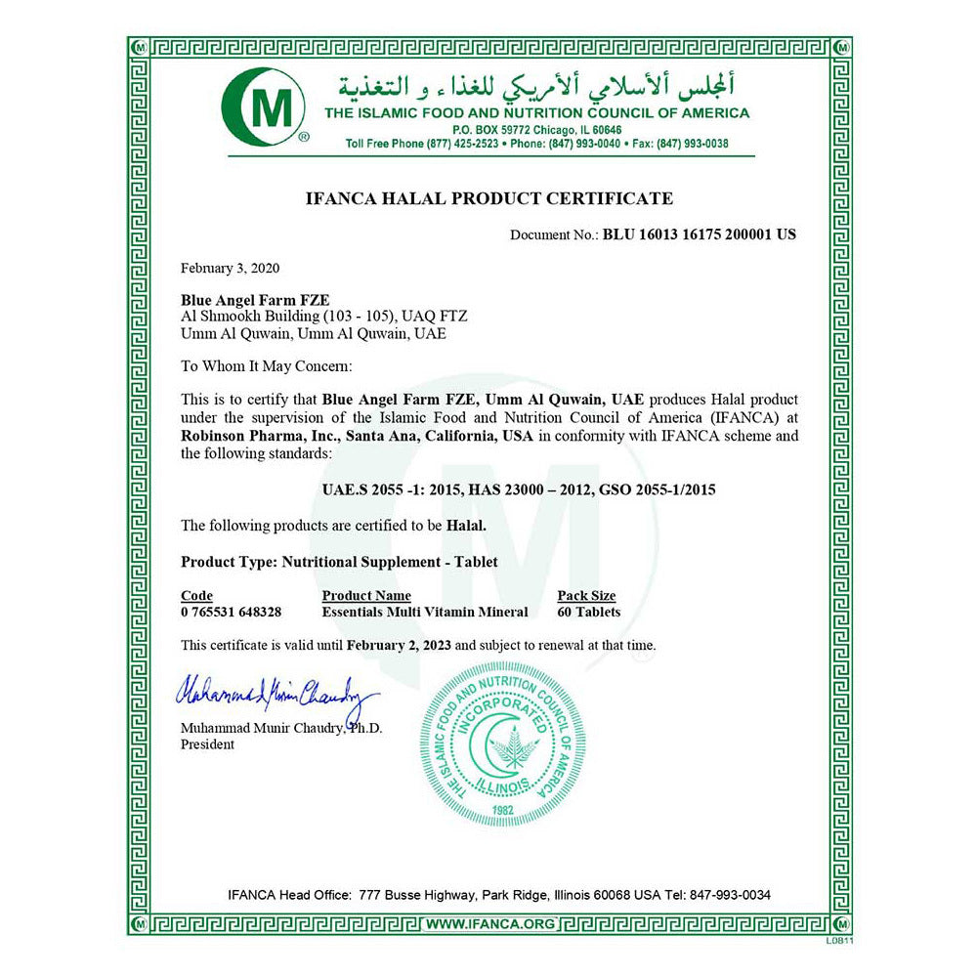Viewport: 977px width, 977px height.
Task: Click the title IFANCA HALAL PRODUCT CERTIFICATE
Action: pos(489,198)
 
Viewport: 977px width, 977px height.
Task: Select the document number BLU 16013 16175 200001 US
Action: pos(700,234)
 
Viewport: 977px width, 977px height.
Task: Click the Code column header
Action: pos(196,596)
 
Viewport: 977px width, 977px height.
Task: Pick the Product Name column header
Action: pos(366,596)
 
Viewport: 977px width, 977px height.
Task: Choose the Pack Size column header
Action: pos(586,596)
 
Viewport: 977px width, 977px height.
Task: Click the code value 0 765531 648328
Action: pos(232,612)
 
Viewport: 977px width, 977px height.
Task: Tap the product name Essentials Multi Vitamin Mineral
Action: pos(425,612)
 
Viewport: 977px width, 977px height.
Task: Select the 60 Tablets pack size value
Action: pos(588,612)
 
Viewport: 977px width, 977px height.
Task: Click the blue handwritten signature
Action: pos(275,695)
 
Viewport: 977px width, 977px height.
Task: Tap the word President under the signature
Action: pos(207,744)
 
